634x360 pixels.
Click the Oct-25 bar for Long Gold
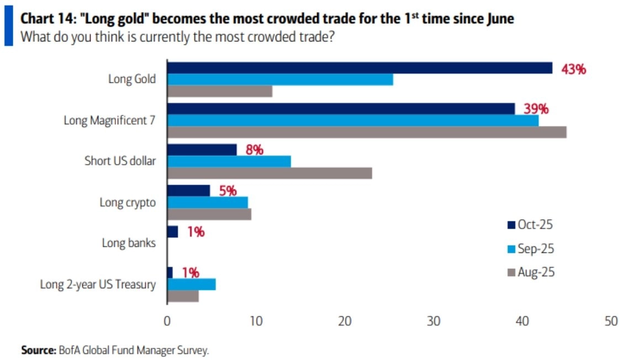(360, 68)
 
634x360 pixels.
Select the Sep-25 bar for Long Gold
(280, 80)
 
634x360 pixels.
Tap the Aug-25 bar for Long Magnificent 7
(367, 133)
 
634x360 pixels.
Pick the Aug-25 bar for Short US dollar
(270, 173)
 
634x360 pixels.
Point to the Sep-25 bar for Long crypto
(208, 202)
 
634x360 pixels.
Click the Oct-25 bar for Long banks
(173, 232)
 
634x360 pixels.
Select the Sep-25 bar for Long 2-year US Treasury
(192, 284)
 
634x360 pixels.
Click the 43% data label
(573, 70)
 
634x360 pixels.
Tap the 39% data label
(536, 109)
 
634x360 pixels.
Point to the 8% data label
(255, 150)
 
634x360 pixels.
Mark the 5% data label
(228, 190)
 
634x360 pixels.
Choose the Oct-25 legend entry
(530, 225)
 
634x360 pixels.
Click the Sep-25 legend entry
(530, 248)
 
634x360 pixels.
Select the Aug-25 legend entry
(530, 272)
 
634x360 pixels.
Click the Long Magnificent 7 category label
(110, 120)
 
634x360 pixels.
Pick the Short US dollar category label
(120, 161)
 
